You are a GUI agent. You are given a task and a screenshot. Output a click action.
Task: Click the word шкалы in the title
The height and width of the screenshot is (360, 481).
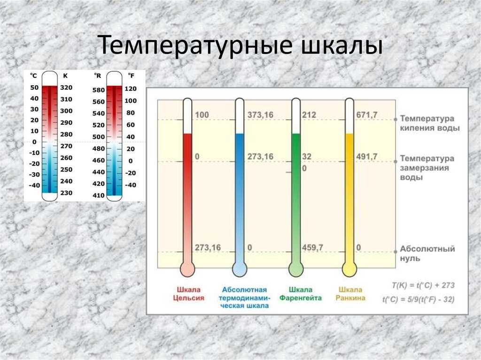click(x=342, y=46)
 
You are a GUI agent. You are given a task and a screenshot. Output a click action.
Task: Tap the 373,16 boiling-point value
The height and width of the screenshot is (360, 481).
click(x=260, y=115)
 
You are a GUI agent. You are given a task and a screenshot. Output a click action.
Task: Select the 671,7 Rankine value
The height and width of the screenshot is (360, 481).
click(x=366, y=115)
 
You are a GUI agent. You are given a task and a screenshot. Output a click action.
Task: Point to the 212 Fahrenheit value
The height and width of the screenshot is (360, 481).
click(x=309, y=115)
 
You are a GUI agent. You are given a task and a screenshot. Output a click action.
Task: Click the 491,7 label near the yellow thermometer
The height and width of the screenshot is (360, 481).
click(x=366, y=157)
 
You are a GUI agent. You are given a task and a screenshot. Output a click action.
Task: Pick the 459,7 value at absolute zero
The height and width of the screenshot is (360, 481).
click(x=312, y=247)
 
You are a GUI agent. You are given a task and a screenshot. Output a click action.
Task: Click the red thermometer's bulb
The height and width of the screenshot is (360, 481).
click(x=187, y=270)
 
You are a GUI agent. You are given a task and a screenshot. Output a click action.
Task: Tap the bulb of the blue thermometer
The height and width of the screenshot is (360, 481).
click(x=240, y=270)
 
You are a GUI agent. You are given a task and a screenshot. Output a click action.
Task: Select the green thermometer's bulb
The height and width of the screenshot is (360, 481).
click(x=296, y=270)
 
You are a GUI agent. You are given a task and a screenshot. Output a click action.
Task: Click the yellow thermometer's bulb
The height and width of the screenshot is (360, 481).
click(x=349, y=270)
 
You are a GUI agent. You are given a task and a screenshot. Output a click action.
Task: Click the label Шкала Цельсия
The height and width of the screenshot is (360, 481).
click(x=189, y=294)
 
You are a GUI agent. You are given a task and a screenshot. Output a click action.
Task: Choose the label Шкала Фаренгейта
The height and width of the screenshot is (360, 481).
click(x=301, y=294)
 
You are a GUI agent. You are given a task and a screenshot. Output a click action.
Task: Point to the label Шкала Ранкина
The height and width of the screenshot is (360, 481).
click(x=350, y=294)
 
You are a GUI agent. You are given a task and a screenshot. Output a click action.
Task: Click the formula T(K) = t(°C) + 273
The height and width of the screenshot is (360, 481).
click(x=423, y=285)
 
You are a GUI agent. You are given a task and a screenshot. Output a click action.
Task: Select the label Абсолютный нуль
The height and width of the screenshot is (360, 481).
click(x=427, y=253)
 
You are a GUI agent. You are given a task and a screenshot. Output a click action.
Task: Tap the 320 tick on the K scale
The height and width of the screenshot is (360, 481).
click(x=66, y=88)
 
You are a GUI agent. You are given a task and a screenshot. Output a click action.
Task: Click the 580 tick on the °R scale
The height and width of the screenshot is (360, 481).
click(x=99, y=90)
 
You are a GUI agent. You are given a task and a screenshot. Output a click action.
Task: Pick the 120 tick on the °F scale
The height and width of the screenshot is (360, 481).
click(x=131, y=89)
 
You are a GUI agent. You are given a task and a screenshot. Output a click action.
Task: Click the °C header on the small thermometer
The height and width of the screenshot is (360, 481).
click(x=33, y=76)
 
